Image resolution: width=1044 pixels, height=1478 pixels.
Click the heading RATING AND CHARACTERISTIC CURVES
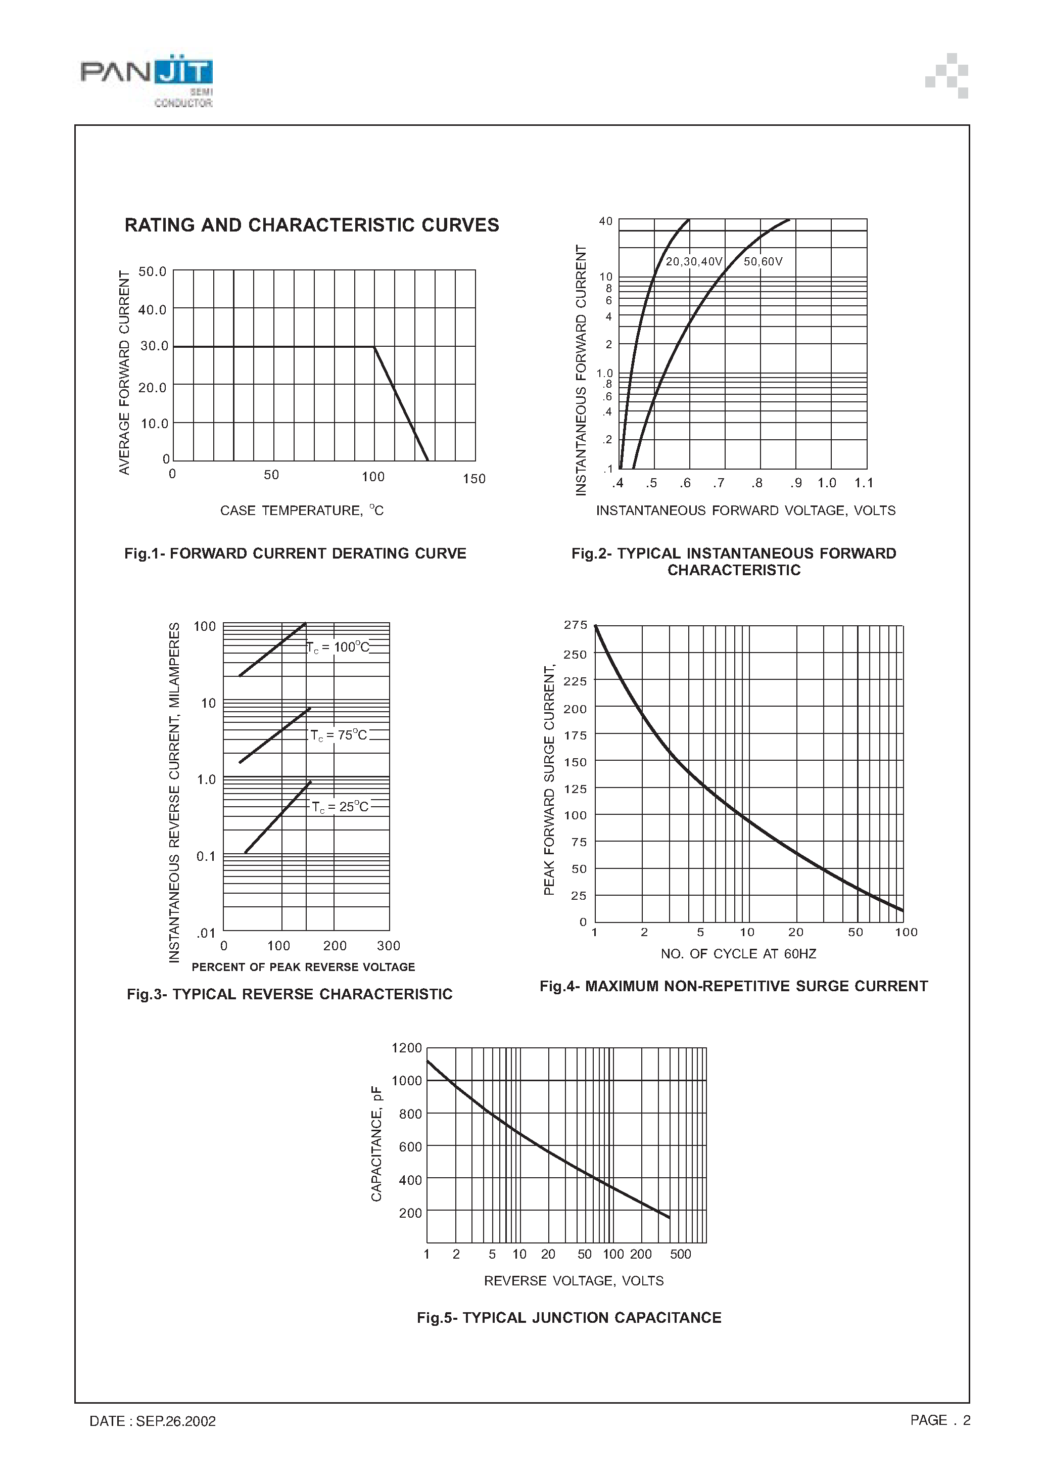point(311,225)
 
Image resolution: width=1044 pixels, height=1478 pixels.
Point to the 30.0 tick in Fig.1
point(154,346)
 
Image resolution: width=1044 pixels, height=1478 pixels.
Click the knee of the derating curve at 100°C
point(374,347)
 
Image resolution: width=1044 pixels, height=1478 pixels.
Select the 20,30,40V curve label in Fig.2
point(694,261)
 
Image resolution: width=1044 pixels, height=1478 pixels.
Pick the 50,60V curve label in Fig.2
point(763,261)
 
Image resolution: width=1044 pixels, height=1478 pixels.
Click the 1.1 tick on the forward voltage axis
point(864,483)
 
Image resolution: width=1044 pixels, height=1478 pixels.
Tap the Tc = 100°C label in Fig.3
point(339,647)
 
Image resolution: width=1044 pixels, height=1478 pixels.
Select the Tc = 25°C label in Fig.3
point(341,807)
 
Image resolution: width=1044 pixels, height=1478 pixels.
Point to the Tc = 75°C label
point(339,735)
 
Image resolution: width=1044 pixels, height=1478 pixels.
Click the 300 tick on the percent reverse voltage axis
point(388,946)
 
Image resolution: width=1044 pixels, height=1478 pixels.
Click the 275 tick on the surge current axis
point(576,625)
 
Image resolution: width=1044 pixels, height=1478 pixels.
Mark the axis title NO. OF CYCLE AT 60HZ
point(738,954)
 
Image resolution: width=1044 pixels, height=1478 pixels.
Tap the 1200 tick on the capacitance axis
point(407,1048)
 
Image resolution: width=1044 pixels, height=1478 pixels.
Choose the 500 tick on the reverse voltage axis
point(680,1254)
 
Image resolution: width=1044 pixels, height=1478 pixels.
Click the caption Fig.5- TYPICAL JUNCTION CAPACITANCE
point(569,1318)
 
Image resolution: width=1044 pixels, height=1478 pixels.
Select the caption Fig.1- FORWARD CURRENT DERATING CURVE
point(295,553)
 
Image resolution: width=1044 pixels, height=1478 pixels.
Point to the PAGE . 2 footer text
point(940,1420)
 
